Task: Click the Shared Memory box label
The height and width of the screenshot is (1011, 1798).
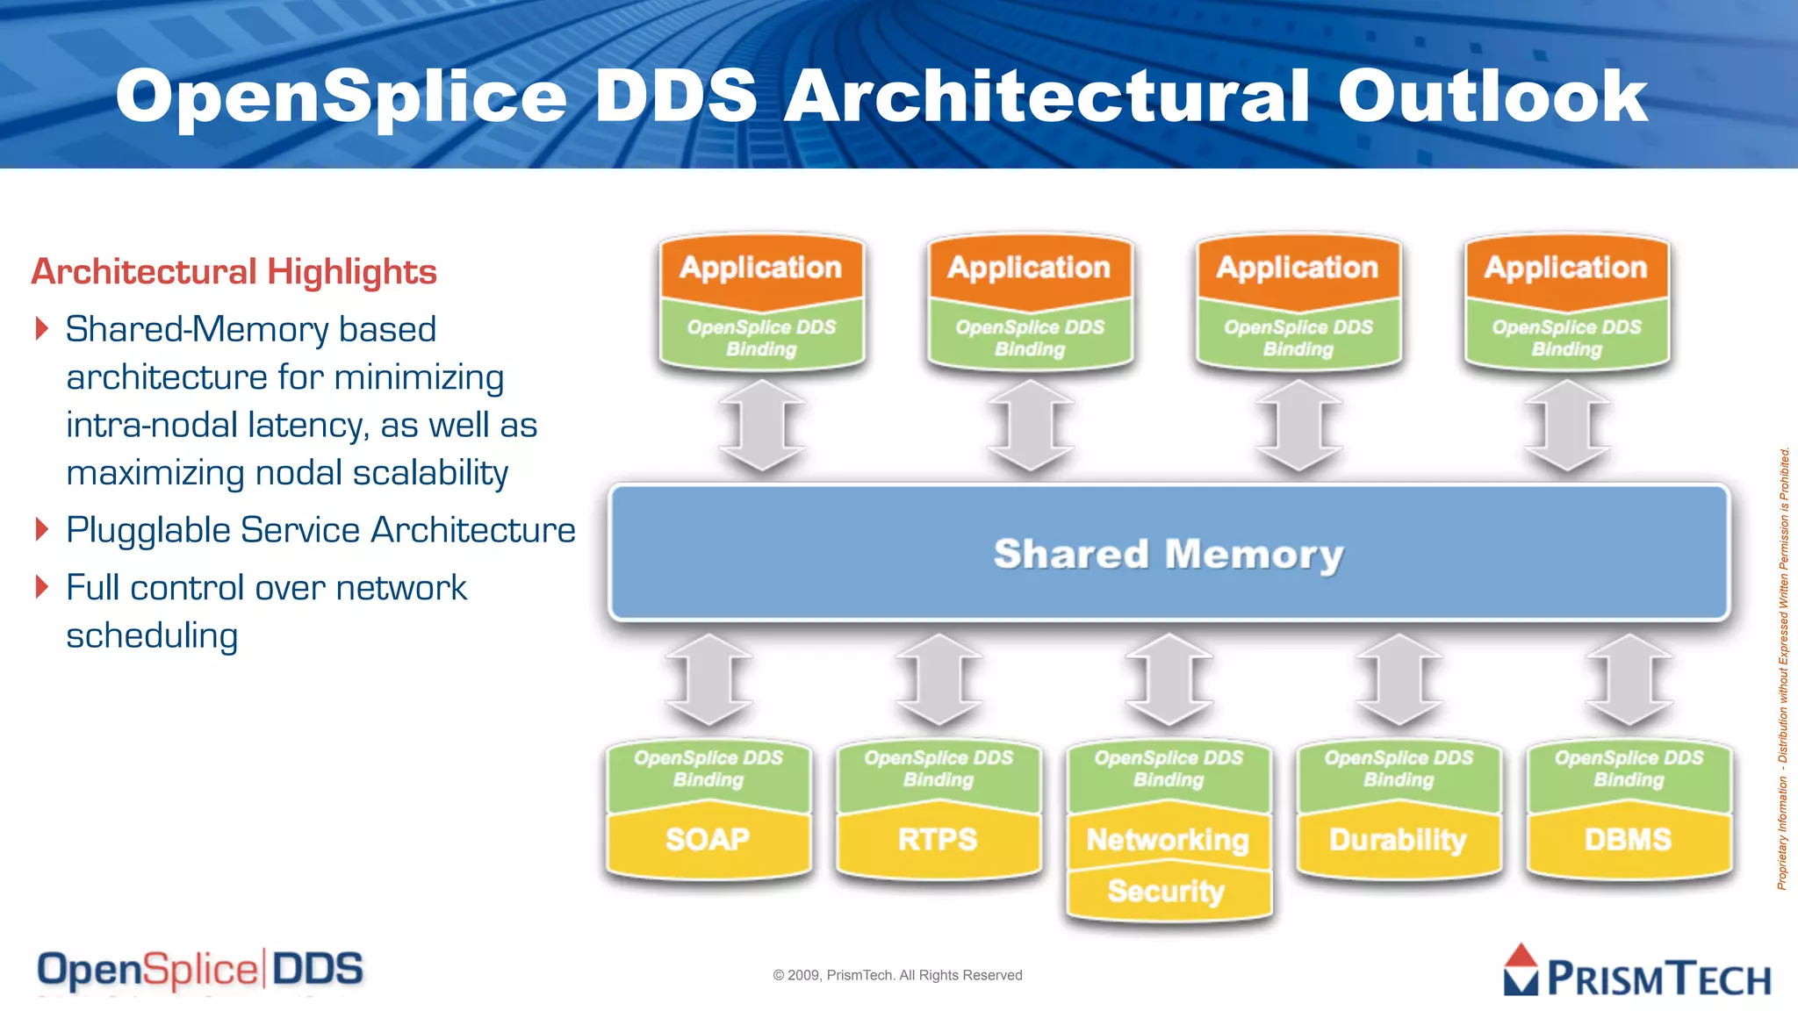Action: pos(1169,555)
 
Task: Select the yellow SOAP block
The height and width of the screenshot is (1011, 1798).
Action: pos(708,840)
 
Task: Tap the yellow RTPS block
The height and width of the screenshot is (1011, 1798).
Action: pos(938,840)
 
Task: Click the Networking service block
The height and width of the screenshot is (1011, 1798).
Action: pos(1168,840)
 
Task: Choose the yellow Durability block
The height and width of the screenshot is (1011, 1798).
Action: pos(1398,840)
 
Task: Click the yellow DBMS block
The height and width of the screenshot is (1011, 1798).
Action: pos(1628,840)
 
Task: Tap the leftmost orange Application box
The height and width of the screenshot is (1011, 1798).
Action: pos(761,267)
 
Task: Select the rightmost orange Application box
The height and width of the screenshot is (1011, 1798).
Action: pos(1566,267)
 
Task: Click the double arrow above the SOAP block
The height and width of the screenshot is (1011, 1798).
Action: pos(708,680)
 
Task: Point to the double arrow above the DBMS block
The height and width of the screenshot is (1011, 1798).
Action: pos(1629,680)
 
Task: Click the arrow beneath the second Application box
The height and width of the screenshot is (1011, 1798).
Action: pos(1030,426)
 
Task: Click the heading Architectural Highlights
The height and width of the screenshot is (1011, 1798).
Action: pos(234,272)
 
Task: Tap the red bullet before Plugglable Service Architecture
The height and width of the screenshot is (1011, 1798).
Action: pos(41,529)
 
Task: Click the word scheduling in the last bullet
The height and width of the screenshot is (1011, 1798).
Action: pos(152,635)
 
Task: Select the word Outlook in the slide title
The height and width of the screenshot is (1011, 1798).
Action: pos(1492,97)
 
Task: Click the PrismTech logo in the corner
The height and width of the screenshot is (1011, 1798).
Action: pos(1636,972)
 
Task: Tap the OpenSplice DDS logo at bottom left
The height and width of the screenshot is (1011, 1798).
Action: pos(200,970)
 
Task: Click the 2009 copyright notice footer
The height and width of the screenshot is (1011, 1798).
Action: pos(897,975)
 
